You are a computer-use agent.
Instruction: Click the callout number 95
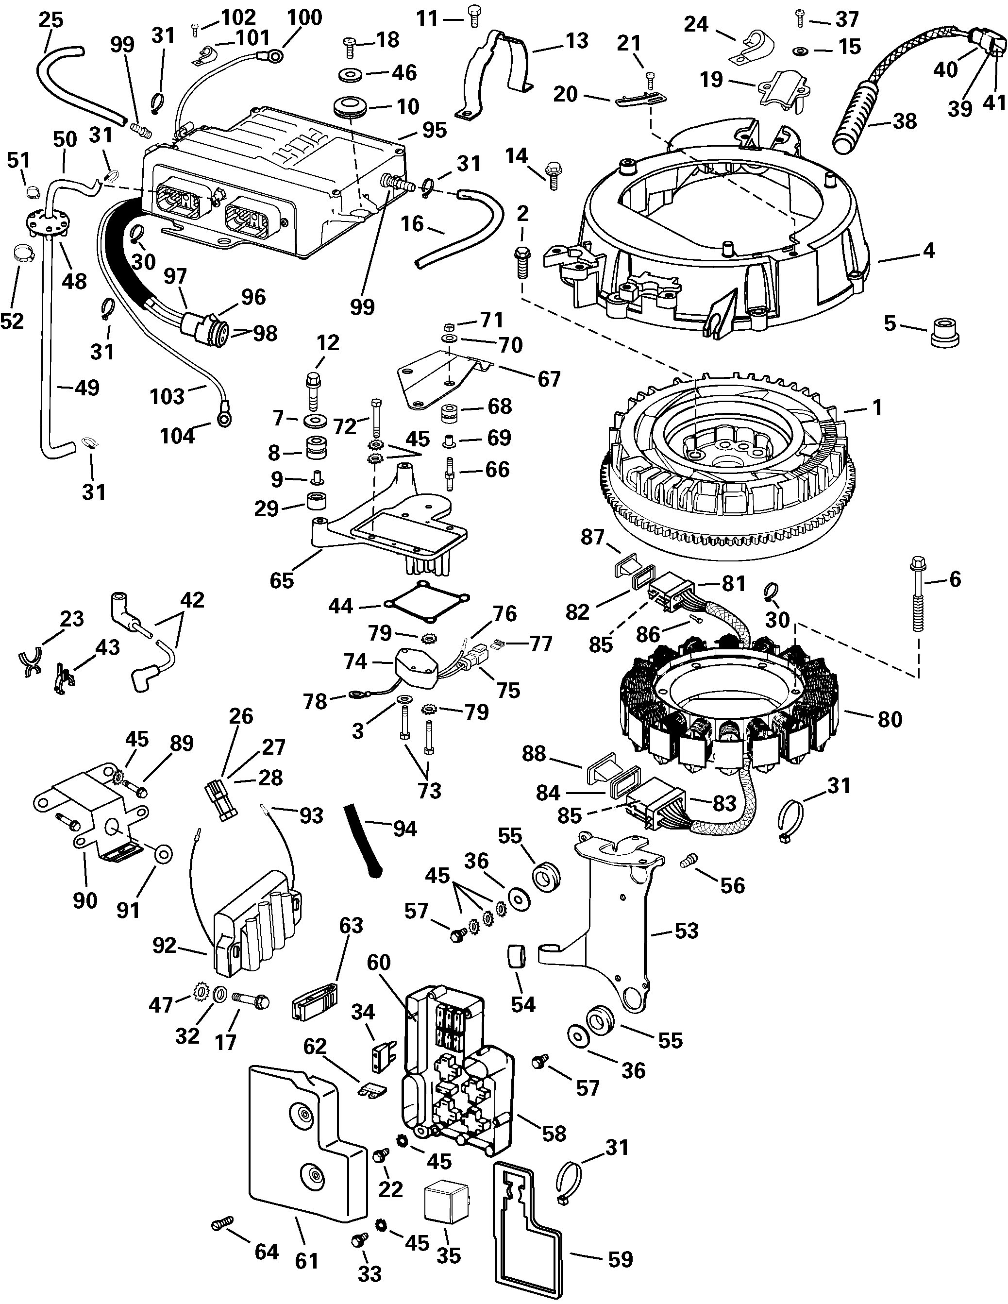(434, 130)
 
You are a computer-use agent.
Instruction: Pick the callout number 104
(177, 437)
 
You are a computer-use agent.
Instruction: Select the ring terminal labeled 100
(276, 57)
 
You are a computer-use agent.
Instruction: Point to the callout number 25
(50, 20)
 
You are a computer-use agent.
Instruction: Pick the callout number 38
(904, 121)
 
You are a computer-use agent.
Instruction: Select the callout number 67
(549, 379)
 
